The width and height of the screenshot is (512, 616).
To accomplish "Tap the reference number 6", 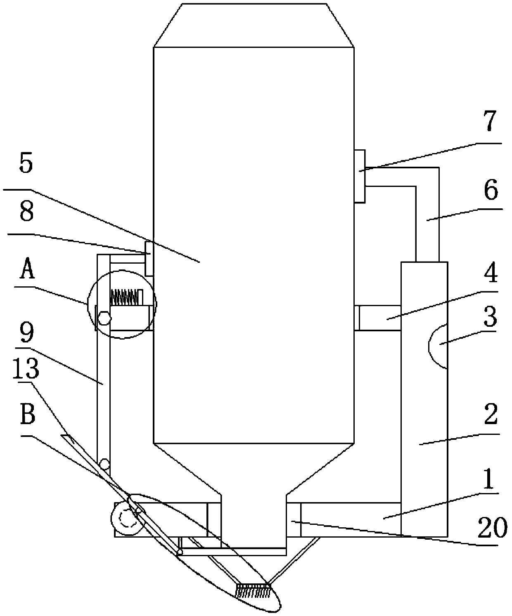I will click(x=491, y=191).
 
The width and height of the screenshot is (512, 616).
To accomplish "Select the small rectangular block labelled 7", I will click(x=360, y=176).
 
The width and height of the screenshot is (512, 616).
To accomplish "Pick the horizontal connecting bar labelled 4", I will click(x=377, y=318).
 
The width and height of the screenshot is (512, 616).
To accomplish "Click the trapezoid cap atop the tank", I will click(x=253, y=25).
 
